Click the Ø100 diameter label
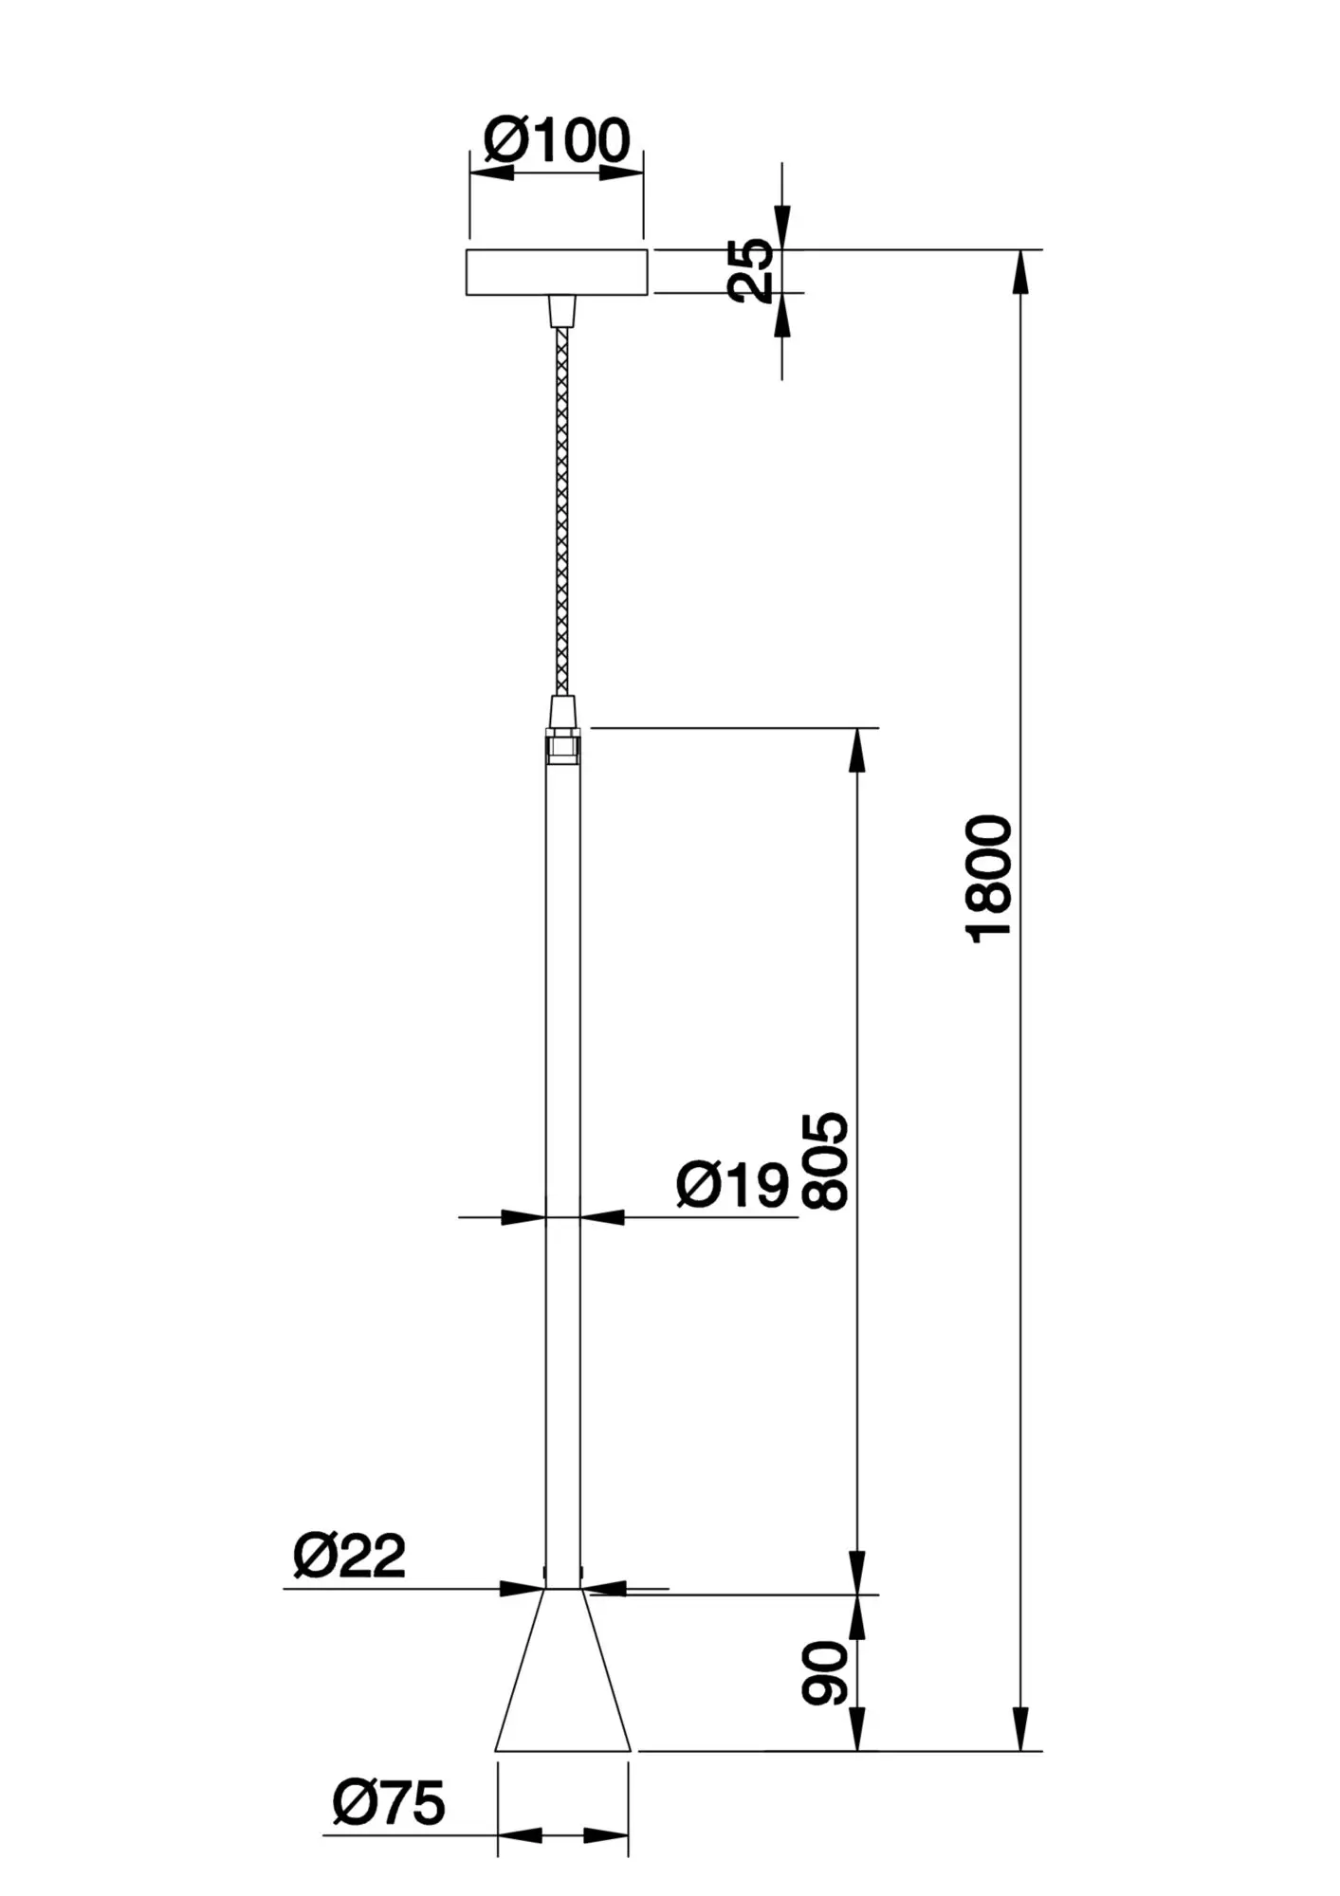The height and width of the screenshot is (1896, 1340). (x=557, y=141)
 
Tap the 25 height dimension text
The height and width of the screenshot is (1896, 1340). (x=751, y=271)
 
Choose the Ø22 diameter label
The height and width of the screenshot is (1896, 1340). (x=350, y=1556)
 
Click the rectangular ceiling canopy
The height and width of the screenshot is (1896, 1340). (x=558, y=272)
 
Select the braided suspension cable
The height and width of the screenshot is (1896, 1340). (x=563, y=512)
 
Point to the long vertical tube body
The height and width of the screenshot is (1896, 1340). (x=563, y=1138)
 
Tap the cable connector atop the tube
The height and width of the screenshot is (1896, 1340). (x=563, y=711)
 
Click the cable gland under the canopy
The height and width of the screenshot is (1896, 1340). (x=562, y=310)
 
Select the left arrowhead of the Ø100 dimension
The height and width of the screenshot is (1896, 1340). (x=491, y=173)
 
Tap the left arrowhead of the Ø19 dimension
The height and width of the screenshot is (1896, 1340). (x=524, y=1217)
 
